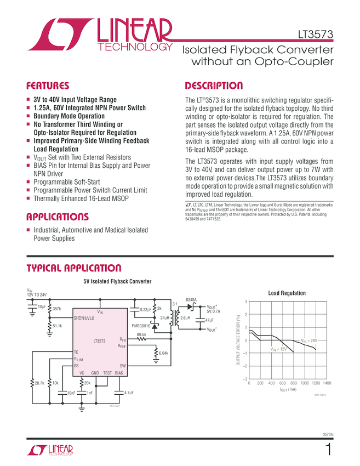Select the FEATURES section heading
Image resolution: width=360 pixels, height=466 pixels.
pos(48,86)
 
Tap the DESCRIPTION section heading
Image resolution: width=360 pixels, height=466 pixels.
pos(214,86)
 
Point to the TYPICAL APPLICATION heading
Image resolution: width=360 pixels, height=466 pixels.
pos(74,268)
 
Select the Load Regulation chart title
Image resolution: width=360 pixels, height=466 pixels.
pos(287,293)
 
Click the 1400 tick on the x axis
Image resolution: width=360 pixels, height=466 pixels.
pos(327,384)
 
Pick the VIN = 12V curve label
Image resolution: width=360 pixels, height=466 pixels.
pos(279,349)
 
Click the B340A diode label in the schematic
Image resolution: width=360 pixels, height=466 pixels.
pos(191,300)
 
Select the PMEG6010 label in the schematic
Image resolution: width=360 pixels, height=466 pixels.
pos(142,326)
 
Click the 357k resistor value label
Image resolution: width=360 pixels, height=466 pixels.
pos(57,309)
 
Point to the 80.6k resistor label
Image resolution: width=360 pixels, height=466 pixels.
pos(141,334)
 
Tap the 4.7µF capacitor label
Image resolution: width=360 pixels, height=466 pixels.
pos(130,393)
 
